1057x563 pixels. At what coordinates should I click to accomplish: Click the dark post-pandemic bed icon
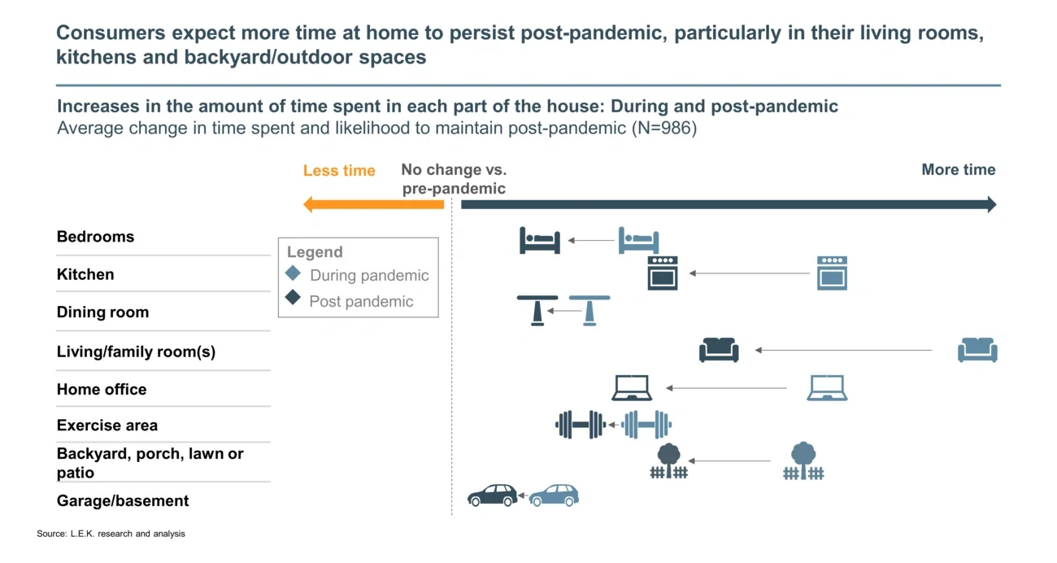point(540,241)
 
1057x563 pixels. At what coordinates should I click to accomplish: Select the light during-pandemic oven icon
point(832,273)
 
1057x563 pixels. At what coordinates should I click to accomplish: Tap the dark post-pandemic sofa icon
point(719,350)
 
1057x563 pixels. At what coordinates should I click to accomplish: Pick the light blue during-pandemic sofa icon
point(977,350)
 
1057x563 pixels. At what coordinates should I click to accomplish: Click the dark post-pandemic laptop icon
point(632,388)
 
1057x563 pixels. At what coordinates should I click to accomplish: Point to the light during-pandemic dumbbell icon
point(647,424)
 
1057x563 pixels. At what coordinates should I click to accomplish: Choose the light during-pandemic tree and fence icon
point(803,461)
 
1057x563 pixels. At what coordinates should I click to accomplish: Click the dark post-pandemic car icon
point(493,495)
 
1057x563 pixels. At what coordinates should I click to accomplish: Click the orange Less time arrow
point(373,204)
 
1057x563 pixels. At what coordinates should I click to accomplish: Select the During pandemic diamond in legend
point(294,274)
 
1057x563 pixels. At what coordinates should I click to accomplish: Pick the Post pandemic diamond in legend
point(294,299)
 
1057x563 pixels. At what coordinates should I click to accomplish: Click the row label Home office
point(102,390)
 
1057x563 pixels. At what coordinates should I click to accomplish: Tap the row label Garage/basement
point(123,501)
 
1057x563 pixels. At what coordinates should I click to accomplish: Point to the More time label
point(958,170)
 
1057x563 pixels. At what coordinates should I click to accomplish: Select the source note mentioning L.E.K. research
point(111,534)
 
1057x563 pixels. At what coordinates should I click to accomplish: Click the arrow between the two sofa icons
point(843,350)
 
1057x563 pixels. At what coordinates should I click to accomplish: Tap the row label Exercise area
point(107,426)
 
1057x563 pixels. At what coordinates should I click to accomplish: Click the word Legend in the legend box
point(315,252)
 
